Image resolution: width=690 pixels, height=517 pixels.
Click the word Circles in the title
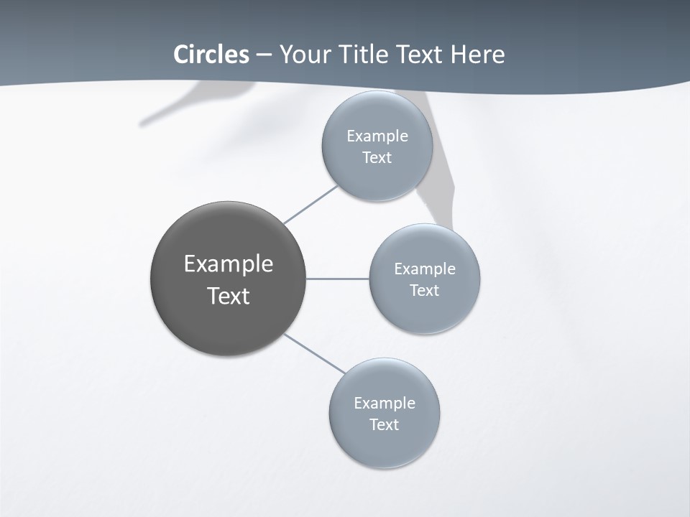[211, 55]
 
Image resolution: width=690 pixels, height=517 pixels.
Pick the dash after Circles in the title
[264, 55]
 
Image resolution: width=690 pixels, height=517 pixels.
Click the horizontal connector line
[338, 279]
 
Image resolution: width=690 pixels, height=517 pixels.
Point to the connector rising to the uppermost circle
[310, 205]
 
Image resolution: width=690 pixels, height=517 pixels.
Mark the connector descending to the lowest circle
[314, 354]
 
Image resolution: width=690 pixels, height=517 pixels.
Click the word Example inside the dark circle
[228, 264]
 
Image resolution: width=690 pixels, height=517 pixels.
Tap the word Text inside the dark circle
[228, 296]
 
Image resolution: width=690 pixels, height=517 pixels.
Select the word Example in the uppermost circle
[377, 136]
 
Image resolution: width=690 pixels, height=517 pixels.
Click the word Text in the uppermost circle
[377, 157]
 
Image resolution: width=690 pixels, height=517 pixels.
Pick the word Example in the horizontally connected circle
[424, 269]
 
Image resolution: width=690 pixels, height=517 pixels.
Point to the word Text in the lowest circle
[384, 424]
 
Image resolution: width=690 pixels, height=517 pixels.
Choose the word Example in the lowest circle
[384, 403]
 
